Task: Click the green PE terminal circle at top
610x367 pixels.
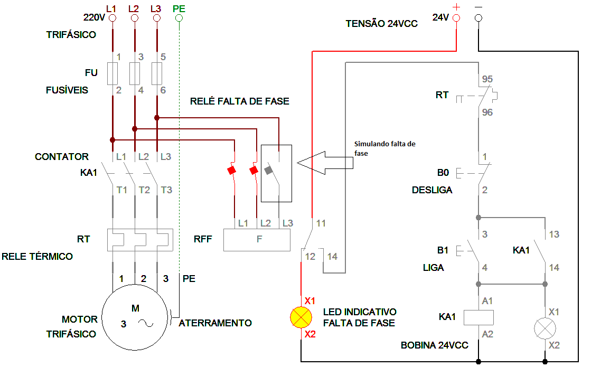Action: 179,18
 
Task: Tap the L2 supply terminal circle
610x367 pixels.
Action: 134,18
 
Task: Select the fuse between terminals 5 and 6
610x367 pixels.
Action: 156,73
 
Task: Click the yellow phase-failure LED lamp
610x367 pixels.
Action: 302,317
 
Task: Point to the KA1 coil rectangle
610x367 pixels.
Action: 478,317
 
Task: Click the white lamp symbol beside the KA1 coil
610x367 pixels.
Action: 545,328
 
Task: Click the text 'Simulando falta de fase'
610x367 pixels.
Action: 384,148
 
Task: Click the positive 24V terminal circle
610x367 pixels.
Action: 456,18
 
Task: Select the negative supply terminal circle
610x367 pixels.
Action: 478,18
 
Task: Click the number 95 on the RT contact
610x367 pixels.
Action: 487,79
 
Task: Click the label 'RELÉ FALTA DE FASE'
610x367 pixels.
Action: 240,101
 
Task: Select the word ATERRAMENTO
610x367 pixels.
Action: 215,323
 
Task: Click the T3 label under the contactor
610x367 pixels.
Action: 166,190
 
